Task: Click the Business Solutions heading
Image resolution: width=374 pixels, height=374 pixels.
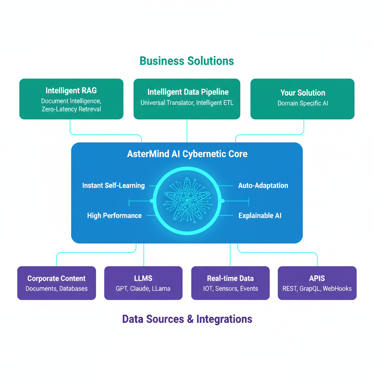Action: [x=187, y=61]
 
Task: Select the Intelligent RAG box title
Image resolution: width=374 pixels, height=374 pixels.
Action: [x=71, y=91]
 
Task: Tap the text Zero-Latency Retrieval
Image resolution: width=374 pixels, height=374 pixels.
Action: [x=71, y=109]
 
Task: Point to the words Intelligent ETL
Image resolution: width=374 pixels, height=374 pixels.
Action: [x=215, y=103]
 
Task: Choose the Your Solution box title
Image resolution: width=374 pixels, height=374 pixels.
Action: [x=302, y=93]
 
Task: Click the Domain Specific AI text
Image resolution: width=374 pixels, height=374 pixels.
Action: [x=302, y=103]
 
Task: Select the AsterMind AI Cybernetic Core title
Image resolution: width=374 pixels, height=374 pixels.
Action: [x=187, y=154]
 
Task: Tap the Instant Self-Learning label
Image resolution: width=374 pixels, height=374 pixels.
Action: [x=113, y=186]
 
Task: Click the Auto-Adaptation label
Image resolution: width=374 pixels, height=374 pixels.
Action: [x=263, y=186]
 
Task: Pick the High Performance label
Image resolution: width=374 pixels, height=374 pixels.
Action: [x=114, y=215]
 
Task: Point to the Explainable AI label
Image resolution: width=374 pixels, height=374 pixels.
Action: [x=260, y=216]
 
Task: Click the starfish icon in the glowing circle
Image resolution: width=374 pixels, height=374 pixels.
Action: [x=187, y=201]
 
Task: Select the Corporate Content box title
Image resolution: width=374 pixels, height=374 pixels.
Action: [x=56, y=278]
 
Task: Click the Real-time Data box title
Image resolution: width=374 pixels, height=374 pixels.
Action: [x=230, y=278]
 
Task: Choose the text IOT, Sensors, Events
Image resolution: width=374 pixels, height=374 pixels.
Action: [x=230, y=289]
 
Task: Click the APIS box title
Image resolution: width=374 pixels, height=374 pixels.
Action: [x=317, y=278]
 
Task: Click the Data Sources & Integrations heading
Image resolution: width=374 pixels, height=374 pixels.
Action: [x=187, y=319]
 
